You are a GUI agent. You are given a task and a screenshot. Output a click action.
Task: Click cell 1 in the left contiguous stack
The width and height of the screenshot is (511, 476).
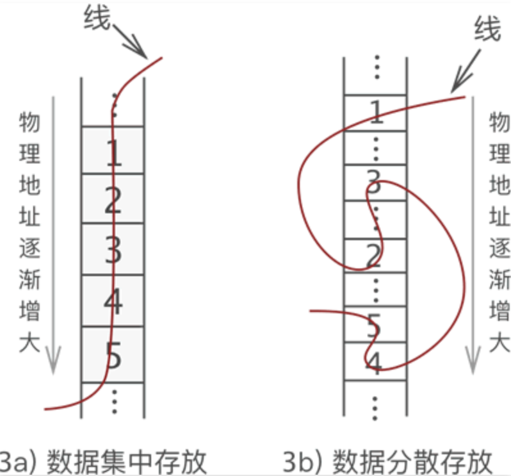click(x=113, y=151)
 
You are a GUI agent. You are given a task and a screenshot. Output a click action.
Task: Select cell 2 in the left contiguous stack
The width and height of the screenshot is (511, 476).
click(x=113, y=200)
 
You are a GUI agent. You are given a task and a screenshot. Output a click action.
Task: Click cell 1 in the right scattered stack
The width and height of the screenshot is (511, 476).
click(x=376, y=113)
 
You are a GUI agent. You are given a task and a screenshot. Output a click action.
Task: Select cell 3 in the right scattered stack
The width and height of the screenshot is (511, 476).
click(x=376, y=183)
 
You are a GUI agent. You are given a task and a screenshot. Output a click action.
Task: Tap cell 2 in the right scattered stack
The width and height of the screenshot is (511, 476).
click(x=376, y=256)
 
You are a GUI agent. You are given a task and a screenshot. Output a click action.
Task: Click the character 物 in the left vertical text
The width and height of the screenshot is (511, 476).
click(x=29, y=122)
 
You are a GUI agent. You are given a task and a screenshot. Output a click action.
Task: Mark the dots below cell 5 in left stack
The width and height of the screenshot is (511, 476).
click(x=114, y=400)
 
